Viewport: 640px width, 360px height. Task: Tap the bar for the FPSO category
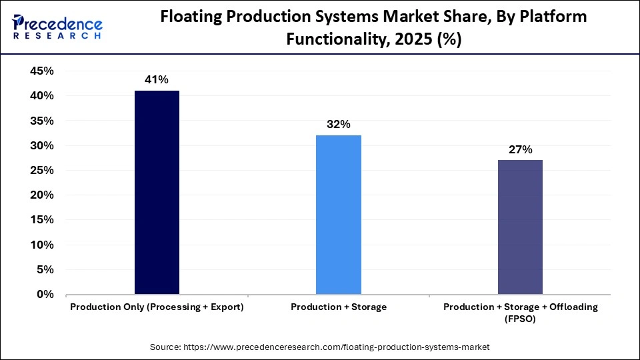coord(520,227)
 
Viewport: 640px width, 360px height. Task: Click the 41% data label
coord(157,80)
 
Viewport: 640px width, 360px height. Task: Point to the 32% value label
coord(339,125)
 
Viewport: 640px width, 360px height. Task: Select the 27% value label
coord(520,149)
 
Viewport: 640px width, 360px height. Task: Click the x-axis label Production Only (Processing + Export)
coord(157,307)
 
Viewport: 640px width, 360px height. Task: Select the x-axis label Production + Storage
coord(339,307)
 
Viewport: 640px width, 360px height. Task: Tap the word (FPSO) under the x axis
coord(520,319)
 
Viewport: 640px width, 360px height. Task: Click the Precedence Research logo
coord(57,26)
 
